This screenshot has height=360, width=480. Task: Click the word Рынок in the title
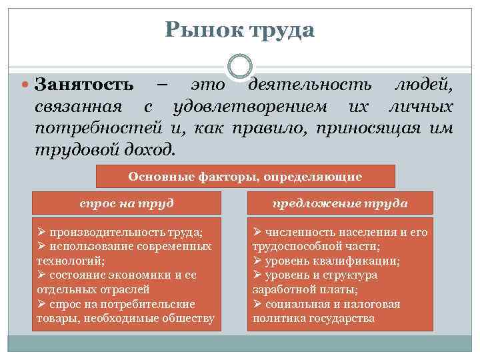click(x=203, y=29)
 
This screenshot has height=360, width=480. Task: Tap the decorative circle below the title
click(x=239, y=66)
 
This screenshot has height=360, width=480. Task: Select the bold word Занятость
click(x=83, y=86)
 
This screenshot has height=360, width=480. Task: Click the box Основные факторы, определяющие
click(x=245, y=177)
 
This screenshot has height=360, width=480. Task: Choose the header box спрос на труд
click(x=126, y=203)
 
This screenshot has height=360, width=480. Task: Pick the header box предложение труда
click(x=340, y=203)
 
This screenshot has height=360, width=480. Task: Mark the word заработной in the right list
click(x=281, y=289)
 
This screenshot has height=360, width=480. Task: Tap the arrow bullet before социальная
click(x=258, y=304)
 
